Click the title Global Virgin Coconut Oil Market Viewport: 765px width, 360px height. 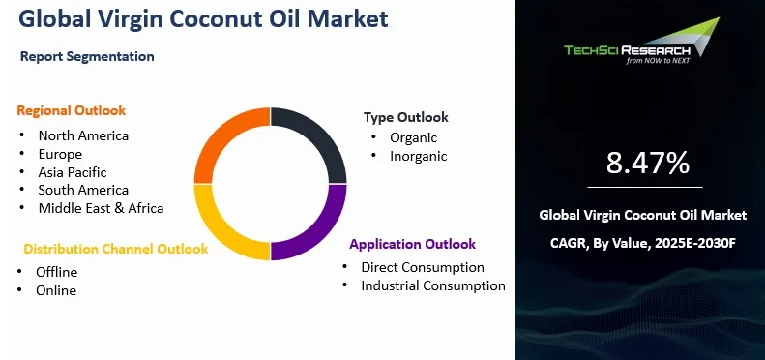(204, 18)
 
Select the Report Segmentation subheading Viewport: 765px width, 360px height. (87, 56)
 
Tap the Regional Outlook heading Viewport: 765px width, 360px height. (71, 110)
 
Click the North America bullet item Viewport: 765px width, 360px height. (83, 135)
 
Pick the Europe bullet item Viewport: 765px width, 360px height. (60, 154)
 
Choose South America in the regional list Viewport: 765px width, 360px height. (83, 190)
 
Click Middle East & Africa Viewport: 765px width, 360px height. (101, 208)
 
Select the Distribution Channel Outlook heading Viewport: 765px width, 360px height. (115, 249)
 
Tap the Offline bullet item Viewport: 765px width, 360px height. (56, 272)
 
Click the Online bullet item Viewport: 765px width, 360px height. (55, 290)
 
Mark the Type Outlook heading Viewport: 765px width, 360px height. (405, 117)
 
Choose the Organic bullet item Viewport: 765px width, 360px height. (413, 137)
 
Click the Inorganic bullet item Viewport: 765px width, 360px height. (418, 156)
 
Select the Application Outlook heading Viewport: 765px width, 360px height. (412, 244)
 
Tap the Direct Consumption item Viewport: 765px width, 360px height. (422, 267)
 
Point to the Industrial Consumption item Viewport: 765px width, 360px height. (432, 285)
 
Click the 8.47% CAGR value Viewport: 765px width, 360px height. (647, 163)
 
